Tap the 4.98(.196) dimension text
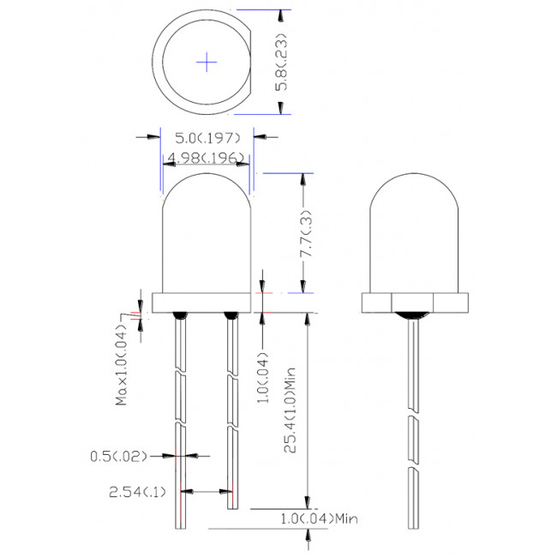(206, 157)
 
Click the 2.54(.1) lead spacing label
(137, 492)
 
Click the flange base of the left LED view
(206, 302)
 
